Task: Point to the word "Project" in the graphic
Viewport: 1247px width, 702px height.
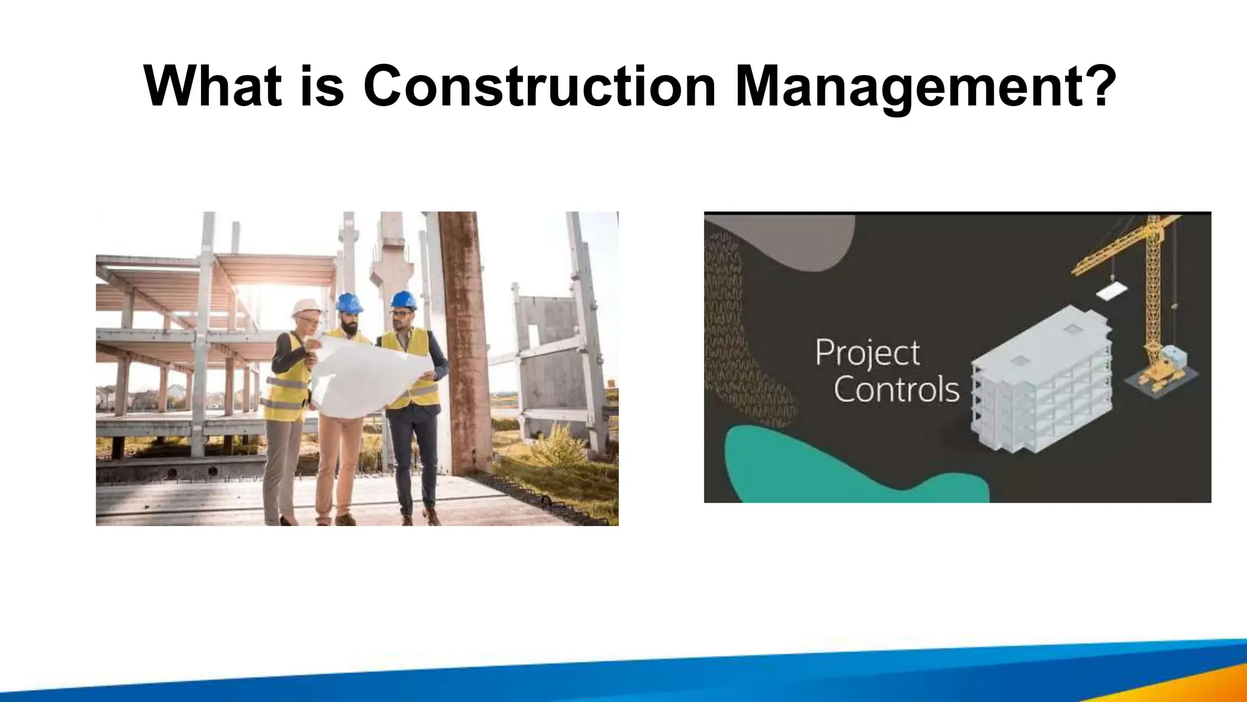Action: click(867, 353)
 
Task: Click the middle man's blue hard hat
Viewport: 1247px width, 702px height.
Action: click(349, 302)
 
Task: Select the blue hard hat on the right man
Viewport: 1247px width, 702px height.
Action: click(403, 300)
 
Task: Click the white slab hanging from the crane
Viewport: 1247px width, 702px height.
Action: click(1111, 291)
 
